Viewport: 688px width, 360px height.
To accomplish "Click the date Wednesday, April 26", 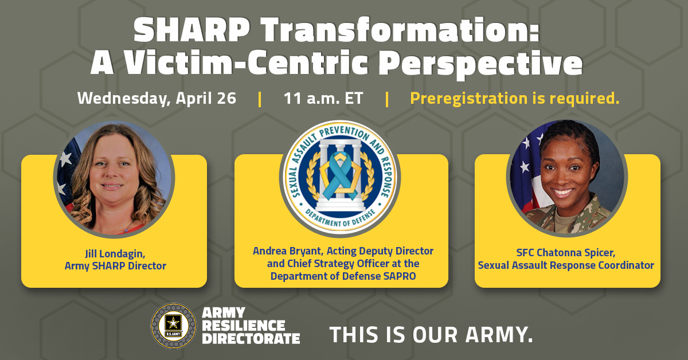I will point(157,98).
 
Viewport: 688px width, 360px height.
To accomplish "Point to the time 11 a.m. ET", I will point(323,98).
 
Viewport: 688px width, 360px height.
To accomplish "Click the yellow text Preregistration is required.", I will point(515,98).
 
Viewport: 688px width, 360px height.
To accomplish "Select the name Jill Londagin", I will point(114,253).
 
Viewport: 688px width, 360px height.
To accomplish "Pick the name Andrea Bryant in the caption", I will point(284,251).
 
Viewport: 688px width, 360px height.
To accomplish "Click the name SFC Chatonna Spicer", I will point(566,253).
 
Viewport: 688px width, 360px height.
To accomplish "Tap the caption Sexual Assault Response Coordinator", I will point(566,265).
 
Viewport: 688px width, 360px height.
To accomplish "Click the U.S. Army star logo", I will point(173,326).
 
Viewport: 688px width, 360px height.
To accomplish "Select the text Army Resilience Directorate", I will point(251,326).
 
